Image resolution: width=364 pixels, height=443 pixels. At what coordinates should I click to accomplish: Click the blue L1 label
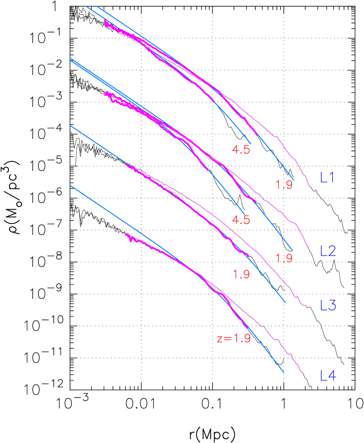327,178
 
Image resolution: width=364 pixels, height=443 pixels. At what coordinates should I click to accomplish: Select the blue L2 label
328,251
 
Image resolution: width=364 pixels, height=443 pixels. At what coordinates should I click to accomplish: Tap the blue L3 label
328,305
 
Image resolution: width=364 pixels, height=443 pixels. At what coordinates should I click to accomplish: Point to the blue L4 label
328,376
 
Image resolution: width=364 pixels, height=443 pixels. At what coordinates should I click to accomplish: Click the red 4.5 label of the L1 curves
241,150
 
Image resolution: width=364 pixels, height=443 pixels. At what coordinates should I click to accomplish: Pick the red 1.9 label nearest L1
284,185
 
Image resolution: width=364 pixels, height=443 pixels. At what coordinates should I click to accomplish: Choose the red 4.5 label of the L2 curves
241,220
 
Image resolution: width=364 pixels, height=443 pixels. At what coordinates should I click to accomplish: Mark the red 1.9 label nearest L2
284,258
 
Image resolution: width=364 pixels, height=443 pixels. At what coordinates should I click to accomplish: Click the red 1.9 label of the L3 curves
241,274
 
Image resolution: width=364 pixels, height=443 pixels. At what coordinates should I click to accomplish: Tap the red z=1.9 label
233,338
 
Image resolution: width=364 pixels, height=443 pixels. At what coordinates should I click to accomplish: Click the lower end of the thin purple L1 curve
311,187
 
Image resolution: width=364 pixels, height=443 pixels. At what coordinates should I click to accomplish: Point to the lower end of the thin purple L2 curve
307,245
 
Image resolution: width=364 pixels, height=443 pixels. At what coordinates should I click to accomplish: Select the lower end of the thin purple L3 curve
307,307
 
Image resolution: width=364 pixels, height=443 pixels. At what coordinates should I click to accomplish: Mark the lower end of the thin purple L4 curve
303,372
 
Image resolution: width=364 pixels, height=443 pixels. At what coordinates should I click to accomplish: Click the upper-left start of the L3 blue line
71,126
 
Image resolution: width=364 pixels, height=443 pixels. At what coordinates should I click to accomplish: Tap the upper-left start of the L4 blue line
71,186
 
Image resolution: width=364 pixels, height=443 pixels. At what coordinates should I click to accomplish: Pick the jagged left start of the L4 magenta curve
126,235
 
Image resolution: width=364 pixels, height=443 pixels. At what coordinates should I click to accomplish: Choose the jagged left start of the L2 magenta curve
105,93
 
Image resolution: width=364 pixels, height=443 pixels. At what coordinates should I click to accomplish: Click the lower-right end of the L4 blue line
284,373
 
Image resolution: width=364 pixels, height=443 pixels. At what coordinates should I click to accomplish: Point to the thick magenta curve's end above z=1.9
247,329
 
